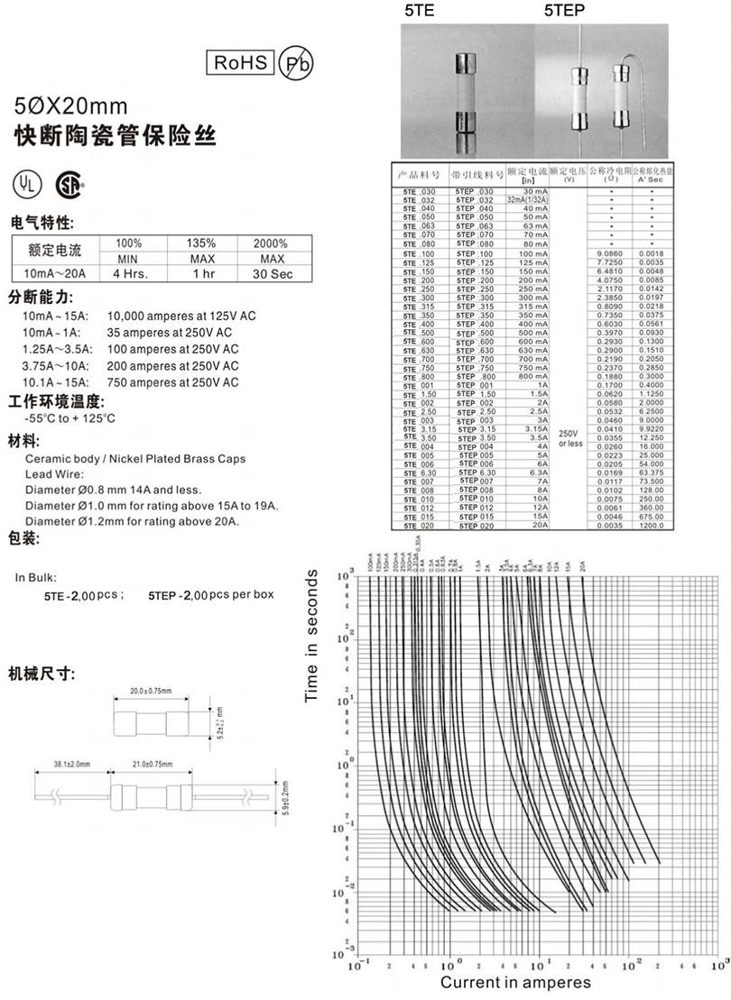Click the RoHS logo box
[241, 62]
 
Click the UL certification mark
[26, 183]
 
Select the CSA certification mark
[69, 183]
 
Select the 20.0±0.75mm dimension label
[151, 691]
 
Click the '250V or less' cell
[569, 438]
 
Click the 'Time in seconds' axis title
[313, 636]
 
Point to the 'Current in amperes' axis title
[515, 982]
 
